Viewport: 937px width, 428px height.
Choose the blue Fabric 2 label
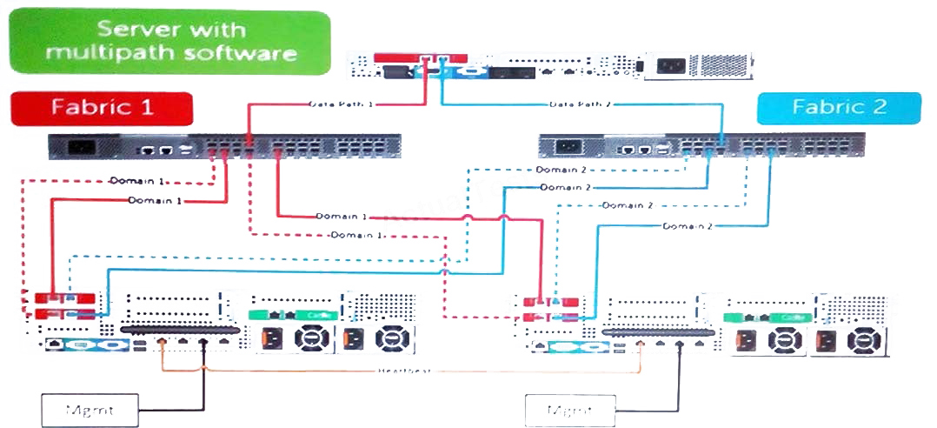[839, 109]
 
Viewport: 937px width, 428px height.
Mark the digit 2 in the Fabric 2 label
[888, 109]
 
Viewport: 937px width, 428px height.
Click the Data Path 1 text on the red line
[342, 104]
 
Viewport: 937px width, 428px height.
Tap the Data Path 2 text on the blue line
[581, 104]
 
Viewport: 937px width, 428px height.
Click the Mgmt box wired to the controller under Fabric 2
[569, 408]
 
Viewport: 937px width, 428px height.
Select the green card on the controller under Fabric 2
[764, 317]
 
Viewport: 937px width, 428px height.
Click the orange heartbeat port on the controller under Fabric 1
[162, 342]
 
